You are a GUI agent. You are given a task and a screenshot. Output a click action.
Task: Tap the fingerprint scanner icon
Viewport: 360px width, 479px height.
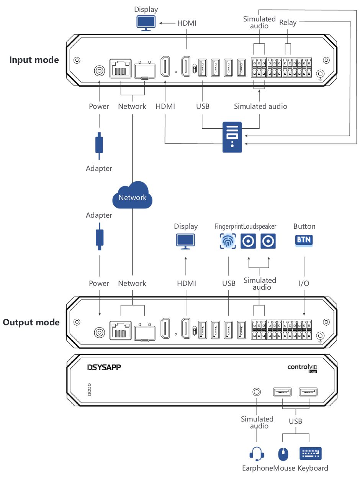[x=228, y=241]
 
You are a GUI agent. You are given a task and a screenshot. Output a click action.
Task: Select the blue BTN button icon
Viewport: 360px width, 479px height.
[x=304, y=241]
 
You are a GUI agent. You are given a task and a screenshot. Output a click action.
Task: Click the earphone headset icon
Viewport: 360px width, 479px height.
[x=257, y=454]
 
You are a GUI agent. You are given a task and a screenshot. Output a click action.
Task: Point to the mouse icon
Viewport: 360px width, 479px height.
[x=283, y=454]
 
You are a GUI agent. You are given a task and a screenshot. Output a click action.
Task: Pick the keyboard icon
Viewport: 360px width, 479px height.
[x=311, y=454]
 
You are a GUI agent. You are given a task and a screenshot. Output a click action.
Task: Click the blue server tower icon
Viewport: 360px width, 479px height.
[x=232, y=137]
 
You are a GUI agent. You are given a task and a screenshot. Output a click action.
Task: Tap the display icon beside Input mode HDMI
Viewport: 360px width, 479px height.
[x=146, y=23]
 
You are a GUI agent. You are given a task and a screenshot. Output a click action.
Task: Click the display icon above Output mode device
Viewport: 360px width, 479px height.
[x=185, y=241]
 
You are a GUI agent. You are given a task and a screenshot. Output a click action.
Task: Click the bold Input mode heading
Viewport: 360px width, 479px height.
[x=34, y=60]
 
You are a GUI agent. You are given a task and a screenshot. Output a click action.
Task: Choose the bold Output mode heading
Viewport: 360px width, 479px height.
[x=31, y=322]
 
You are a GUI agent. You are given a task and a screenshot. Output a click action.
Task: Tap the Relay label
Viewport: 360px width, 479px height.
[x=288, y=23]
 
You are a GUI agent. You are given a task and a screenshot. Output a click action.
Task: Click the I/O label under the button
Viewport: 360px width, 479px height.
[x=304, y=283]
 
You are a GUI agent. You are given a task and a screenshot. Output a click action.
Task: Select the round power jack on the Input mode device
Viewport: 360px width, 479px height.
[x=99, y=71]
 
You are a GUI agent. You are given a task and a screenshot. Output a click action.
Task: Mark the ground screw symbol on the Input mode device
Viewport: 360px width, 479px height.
[x=321, y=74]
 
